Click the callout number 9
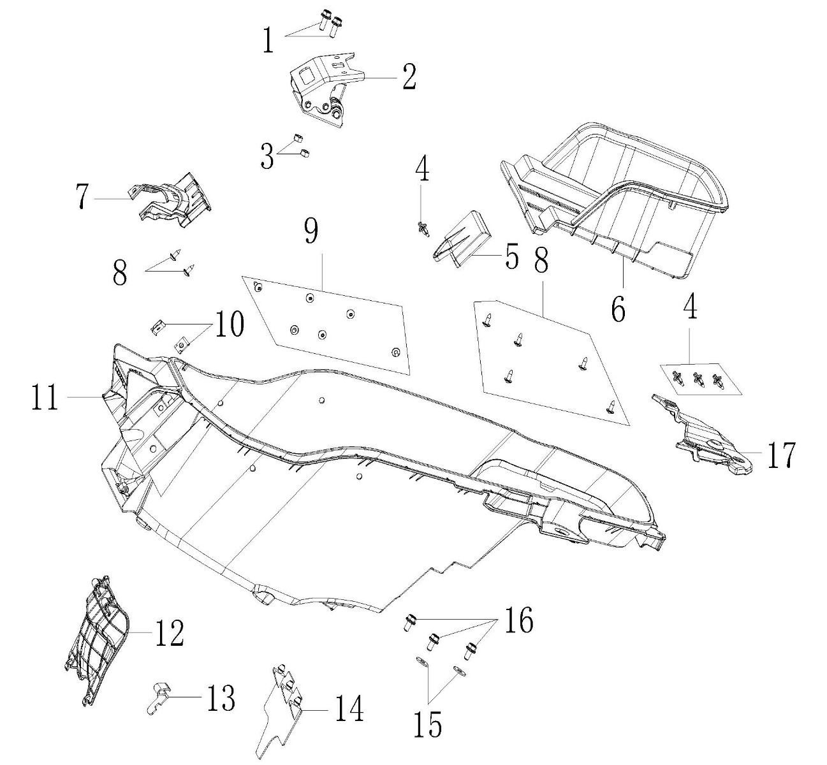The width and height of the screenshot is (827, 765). pyautogui.click(x=311, y=232)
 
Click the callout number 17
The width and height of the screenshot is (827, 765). pyautogui.click(x=780, y=455)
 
